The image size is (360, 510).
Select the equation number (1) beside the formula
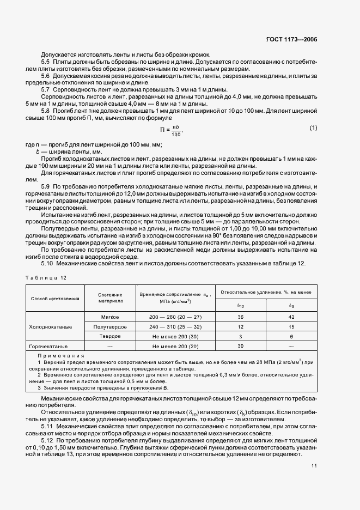pyautogui.click(x=313, y=127)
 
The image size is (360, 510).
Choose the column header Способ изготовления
pyautogui.click(x=55, y=298)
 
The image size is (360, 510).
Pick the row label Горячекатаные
pyautogui.click(x=50, y=347)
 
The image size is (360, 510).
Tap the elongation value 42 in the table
pyautogui.click(x=291, y=317)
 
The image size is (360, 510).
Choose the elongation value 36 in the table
pyautogui.click(x=241, y=317)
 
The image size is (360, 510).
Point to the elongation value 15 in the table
pyautogui.click(x=291, y=327)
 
